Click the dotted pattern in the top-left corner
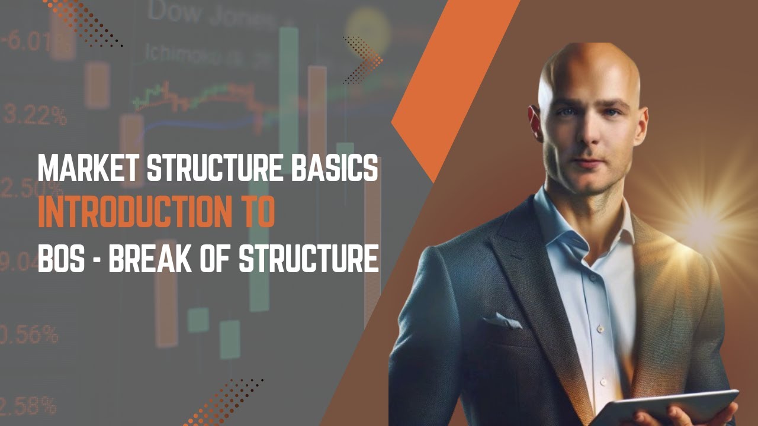pos(83,21)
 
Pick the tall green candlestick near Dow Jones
pos(289,89)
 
